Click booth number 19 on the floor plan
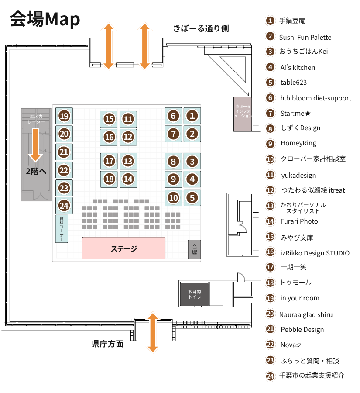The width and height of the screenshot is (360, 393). (65, 116)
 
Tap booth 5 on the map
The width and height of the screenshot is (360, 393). (192, 197)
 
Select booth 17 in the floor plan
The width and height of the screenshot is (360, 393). (110, 161)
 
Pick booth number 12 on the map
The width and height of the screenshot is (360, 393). (128, 137)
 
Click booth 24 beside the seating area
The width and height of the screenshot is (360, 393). (65, 206)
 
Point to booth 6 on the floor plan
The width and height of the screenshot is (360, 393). (173, 116)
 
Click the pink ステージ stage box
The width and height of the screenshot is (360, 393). (124, 248)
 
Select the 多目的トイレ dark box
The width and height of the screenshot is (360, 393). (195, 294)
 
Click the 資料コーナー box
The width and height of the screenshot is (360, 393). (62, 229)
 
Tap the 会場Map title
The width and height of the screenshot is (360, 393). (45, 19)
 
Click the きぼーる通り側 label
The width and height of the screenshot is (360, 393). (201, 29)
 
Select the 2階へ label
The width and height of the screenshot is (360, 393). (36, 171)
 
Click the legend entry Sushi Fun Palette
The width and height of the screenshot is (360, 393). (305, 37)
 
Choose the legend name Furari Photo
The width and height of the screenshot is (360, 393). (299, 221)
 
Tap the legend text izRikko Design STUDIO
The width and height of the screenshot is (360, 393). (314, 253)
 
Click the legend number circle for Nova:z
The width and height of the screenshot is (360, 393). (271, 345)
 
